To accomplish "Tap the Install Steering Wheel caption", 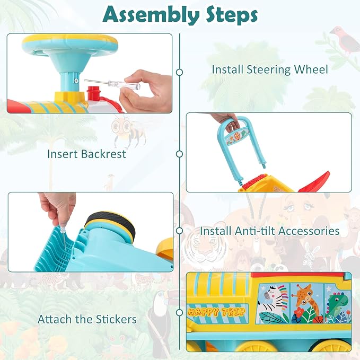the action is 270,69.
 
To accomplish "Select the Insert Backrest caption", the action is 86,154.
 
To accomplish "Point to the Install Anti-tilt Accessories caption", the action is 270,231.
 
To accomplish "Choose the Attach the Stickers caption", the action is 87,319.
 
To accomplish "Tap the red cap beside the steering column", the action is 94,93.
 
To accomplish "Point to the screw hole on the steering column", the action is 76,81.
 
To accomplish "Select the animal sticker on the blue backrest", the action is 237,137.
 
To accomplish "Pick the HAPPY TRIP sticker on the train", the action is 217,312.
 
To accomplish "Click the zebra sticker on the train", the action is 273,303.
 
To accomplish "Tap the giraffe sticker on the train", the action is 307,303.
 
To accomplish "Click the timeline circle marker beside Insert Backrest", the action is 179,154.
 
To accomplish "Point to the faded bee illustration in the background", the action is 128,131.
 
